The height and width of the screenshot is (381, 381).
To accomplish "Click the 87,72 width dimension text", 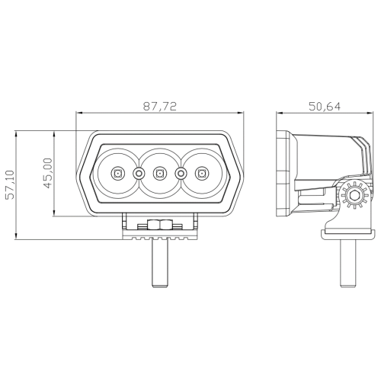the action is tap(160, 107).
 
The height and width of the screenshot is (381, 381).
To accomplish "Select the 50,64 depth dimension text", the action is tap(325, 107).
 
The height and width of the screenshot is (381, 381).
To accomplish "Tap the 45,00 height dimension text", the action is tap(48, 173).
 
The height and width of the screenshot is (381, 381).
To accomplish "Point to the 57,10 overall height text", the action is tap(11, 184).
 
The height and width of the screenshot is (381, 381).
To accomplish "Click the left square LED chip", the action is tap(117, 174).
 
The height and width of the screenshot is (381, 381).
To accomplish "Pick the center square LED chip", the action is tap(159, 174).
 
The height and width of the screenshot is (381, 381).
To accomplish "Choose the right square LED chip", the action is tap(202, 174).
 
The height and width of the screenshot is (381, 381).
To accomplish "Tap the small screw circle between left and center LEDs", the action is tap(139, 174).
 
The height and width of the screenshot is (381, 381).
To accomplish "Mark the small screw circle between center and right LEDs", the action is tap(181, 174).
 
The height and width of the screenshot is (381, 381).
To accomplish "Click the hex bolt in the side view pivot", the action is tap(354, 196).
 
